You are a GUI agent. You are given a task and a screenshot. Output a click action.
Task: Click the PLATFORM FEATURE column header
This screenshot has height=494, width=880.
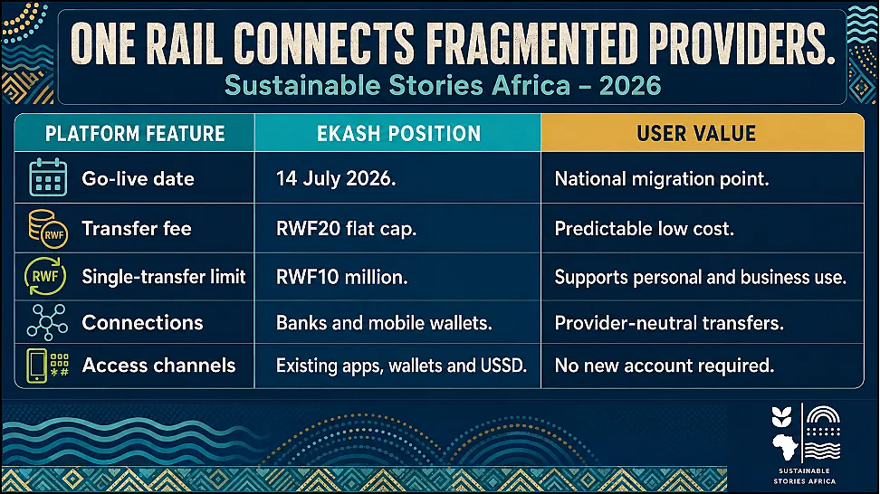(135, 134)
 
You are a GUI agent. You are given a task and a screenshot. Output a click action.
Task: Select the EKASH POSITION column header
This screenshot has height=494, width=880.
(398, 134)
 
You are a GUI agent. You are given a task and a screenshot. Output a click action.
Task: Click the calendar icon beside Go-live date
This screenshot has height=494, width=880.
(48, 177)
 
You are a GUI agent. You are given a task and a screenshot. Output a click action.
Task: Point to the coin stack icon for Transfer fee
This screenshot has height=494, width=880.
(48, 228)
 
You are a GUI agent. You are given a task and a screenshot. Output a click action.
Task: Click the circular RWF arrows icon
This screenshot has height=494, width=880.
(45, 276)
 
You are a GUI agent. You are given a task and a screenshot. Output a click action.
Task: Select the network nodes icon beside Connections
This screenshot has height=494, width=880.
(48, 322)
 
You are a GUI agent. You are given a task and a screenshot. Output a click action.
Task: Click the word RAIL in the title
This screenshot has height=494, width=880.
(185, 43)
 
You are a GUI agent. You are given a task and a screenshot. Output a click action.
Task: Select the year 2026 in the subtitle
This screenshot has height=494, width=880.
(630, 86)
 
